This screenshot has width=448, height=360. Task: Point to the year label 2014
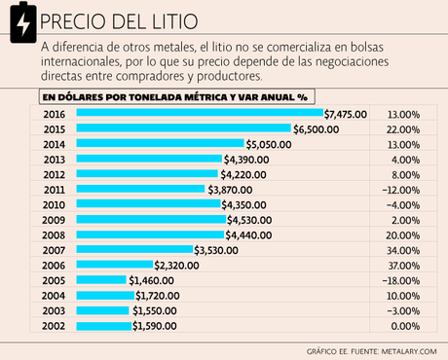click(55, 144)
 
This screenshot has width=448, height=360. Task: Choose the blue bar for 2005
click(102, 280)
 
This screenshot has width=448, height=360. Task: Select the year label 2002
click(55, 326)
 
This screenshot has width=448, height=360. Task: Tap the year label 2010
click(55, 204)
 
